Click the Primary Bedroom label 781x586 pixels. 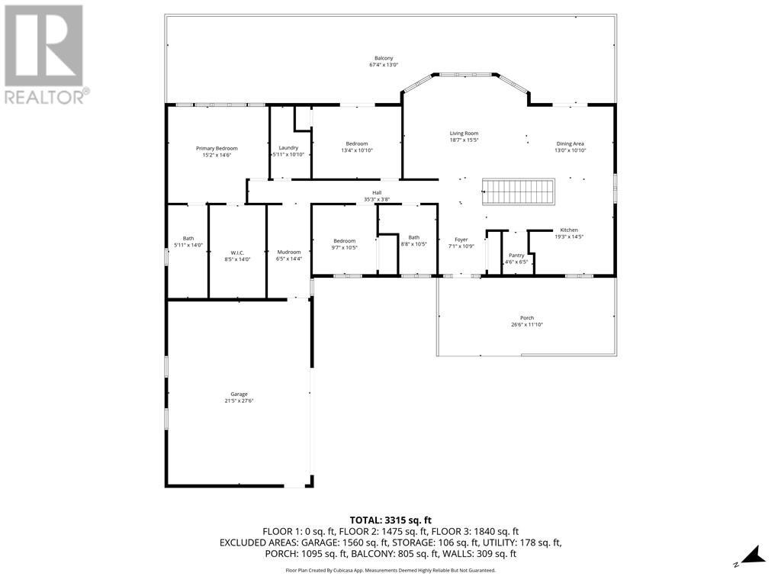point(217,148)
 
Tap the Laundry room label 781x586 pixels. point(288,147)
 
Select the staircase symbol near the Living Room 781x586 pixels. point(518,192)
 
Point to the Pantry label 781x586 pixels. point(516,255)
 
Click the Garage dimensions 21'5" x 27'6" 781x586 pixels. point(239,401)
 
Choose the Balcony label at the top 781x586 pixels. point(384,58)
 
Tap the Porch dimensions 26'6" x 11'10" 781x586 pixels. point(526,324)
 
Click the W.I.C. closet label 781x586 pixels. point(236,252)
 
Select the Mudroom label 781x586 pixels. point(288,252)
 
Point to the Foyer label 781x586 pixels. point(461,239)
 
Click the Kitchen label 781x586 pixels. point(569,230)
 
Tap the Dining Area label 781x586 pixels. point(570,143)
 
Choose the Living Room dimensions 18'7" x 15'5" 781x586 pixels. point(464,140)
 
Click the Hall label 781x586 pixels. point(377,192)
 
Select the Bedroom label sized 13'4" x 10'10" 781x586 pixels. point(357,143)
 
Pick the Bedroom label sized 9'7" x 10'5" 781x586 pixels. point(344,241)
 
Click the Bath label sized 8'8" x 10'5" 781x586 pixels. point(413,237)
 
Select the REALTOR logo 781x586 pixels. point(46,53)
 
